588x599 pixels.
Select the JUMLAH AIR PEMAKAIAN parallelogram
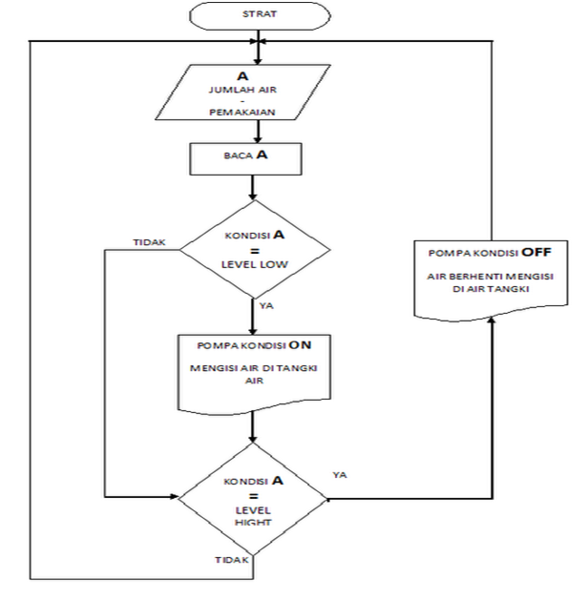click(252, 98)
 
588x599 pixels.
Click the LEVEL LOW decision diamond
click(253, 247)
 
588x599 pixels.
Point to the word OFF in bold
click(539, 255)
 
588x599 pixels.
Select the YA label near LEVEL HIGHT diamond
click(341, 472)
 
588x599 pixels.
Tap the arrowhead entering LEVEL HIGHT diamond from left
click(176, 496)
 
